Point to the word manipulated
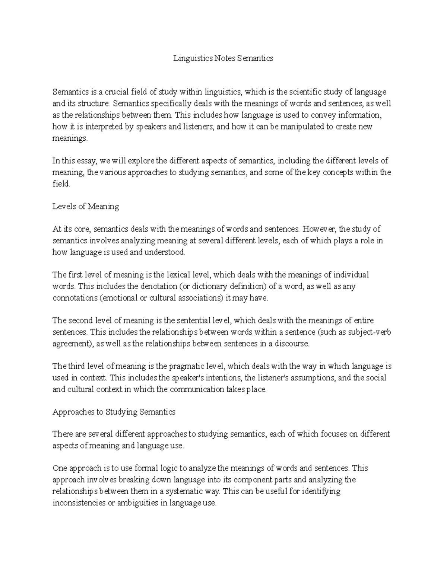click(301, 127)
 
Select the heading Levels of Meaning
click(86, 207)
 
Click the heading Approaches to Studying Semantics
click(114, 412)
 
